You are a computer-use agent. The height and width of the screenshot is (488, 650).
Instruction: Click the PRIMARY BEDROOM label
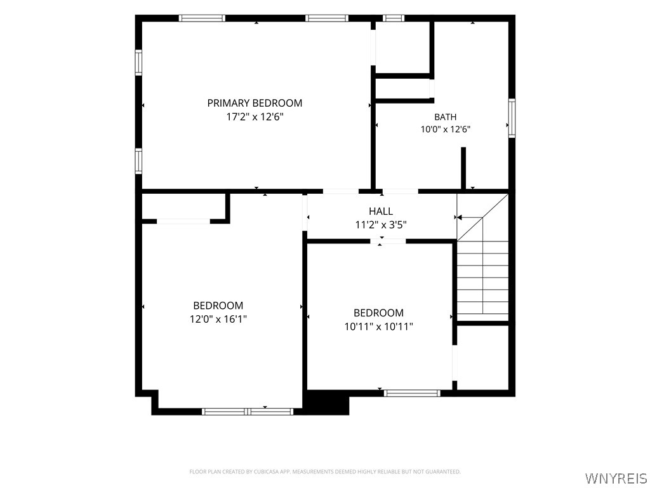click(x=255, y=103)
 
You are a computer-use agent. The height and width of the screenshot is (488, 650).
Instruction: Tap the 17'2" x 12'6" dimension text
click(x=255, y=117)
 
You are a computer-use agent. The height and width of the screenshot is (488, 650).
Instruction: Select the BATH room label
click(x=445, y=117)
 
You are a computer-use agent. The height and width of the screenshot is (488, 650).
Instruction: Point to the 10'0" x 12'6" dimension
click(x=445, y=129)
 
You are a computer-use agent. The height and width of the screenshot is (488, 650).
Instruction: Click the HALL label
click(x=381, y=211)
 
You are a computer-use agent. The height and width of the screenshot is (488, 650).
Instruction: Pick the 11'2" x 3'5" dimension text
click(x=381, y=225)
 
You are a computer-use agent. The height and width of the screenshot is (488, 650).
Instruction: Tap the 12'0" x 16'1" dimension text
click(x=218, y=319)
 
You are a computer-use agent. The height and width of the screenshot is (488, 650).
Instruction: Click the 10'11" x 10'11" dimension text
click(x=378, y=327)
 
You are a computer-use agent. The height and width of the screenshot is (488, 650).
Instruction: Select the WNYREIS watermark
click(x=616, y=478)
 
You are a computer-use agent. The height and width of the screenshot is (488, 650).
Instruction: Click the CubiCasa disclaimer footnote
click(x=325, y=472)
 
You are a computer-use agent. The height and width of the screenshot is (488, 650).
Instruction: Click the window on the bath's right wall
click(x=512, y=118)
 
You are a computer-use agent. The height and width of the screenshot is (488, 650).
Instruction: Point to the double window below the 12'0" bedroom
click(x=248, y=412)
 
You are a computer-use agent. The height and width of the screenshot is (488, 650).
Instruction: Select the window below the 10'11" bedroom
click(x=411, y=393)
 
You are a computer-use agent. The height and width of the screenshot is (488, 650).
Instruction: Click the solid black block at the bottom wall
click(x=326, y=402)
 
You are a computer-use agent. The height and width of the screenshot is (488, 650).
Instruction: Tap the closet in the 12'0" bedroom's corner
click(x=183, y=207)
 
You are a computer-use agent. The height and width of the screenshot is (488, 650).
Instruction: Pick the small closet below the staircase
click(x=482, y=357)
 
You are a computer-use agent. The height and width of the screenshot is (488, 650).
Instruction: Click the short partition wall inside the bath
click(x=463, y=168)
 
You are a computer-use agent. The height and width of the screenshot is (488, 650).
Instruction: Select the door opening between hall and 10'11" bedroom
click(x=388, y=241)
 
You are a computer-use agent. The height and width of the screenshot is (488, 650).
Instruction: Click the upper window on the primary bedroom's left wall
click(x=138, y=63)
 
